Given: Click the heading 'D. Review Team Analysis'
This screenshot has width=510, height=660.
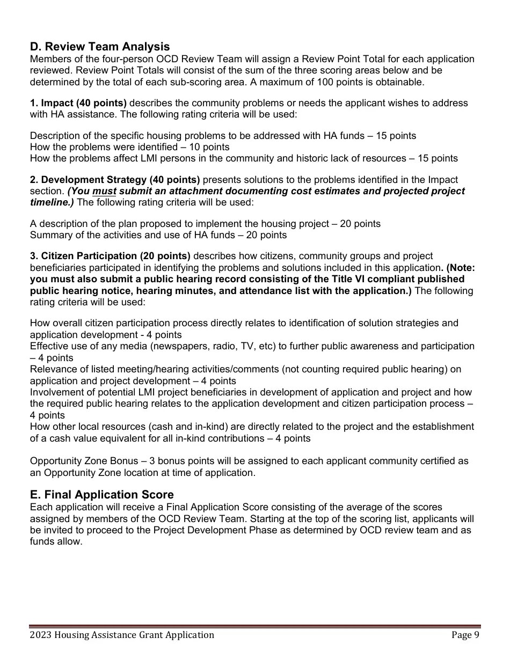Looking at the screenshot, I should [100, 47].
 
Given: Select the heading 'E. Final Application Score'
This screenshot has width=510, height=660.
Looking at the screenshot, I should [102, 494].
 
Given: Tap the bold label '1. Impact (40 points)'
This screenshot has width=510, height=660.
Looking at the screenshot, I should [78, 103].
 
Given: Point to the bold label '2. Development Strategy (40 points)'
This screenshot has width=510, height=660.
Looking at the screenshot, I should [115, 180].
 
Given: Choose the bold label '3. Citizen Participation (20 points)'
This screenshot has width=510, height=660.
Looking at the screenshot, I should [110, 256].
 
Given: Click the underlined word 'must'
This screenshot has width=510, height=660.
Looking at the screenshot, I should [105, 191].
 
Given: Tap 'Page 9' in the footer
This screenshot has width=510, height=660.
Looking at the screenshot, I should [465, 635].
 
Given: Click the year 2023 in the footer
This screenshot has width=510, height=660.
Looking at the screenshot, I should [41, 635].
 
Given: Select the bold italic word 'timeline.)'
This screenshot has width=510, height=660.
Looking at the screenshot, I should [52, 202].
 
